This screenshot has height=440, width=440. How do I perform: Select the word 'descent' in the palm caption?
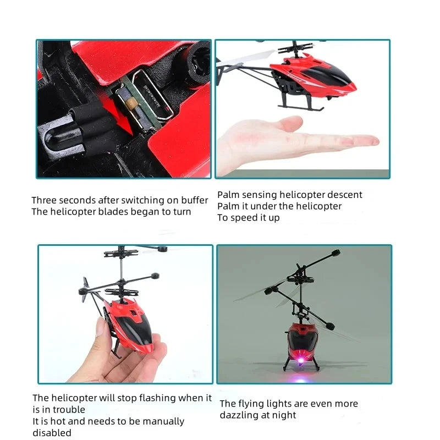coord(345,195)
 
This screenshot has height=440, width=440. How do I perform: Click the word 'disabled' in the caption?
coord(52,433)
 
